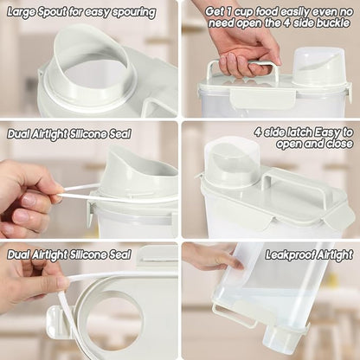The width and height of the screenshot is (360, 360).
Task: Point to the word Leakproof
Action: (x=289, y=255)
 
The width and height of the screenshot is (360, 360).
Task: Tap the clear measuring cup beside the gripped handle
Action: (x=318, y=67)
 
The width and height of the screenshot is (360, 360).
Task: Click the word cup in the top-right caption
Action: (x=245, y=12)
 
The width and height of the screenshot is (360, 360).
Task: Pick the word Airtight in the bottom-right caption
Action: (x=335, y=255)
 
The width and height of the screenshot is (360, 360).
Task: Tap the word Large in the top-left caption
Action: (x=19, y=13)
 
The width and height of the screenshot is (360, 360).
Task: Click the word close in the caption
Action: (x=340, y=144)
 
